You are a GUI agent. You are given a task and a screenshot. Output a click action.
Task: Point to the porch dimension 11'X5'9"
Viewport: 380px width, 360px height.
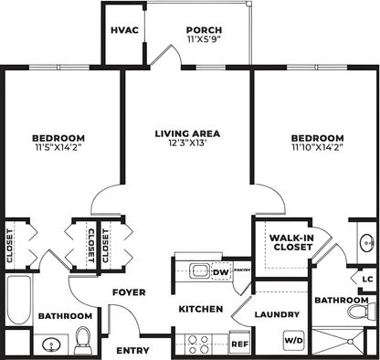(x=203, y=41)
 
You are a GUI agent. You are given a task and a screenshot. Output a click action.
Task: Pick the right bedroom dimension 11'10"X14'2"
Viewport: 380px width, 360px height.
(x=318, y=148)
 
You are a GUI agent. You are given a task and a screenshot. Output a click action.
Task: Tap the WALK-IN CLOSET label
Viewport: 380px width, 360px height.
(x=290, y=242)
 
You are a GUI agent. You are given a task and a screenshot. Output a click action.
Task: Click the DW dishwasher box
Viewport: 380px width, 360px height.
(x=219, y=271)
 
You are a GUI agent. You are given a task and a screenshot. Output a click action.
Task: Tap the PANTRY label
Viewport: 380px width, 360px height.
(x=242, y=271)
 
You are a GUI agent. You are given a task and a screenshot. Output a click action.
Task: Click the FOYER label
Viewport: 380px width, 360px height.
(x=130, y=292)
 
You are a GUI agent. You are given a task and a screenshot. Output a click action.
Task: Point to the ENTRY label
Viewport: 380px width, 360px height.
(x=132, y=350)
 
